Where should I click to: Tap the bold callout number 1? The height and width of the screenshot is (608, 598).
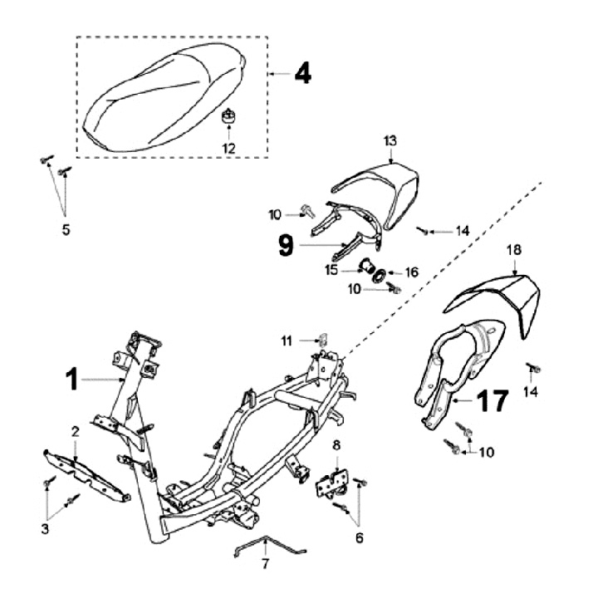click(x=73, y=380)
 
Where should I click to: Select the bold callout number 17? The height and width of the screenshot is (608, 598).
click(x=492, y=403)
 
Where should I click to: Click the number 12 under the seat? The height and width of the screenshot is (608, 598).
click(x=228, y=148)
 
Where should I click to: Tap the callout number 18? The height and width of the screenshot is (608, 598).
click(x=514, y=249)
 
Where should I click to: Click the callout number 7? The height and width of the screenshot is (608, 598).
click(x=265, y=565)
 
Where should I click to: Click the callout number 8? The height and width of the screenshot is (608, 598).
click(x=336, y=446)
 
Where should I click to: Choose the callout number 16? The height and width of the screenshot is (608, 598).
click(x=411, y=272)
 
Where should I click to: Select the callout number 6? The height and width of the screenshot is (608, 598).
click(x=359, y=538)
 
